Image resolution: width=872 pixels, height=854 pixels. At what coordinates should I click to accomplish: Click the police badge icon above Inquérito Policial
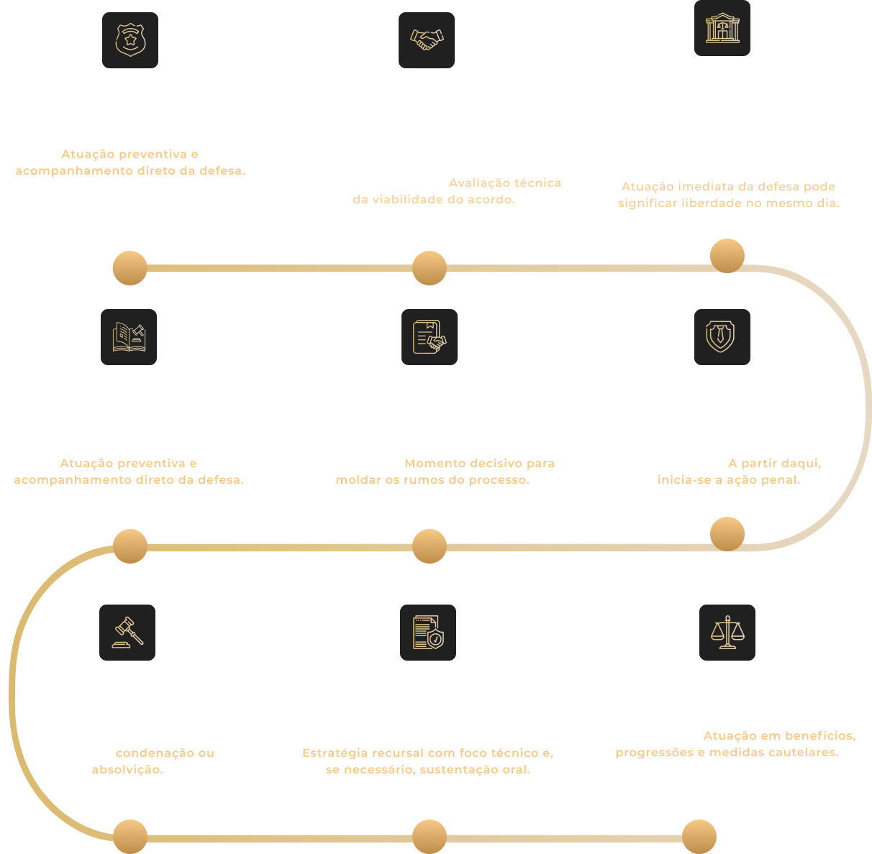click(130, 40)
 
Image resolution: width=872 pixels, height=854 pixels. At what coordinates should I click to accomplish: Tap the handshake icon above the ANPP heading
click(427, 40)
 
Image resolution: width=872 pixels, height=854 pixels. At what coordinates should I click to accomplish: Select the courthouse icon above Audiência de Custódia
click(722, 29)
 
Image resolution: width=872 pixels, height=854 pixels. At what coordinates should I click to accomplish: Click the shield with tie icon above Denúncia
click(722, 337)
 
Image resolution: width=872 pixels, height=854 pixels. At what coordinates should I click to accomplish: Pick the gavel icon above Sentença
click(127, 633)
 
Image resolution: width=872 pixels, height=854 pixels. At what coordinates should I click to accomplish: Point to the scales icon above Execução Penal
click(727, 633)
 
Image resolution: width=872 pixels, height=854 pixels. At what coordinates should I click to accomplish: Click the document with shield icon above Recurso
click(428, 633)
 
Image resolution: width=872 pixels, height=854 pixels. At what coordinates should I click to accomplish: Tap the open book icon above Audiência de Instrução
click(129, 337)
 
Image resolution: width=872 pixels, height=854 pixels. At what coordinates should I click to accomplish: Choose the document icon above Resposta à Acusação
click(430, 337)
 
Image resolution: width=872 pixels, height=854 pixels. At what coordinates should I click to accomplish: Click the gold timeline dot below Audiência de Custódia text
click(727, 256)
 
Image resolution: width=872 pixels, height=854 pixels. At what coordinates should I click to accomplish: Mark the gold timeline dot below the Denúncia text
click(727, 534)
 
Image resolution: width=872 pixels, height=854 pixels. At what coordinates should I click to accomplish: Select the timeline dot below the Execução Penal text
click(699, 837)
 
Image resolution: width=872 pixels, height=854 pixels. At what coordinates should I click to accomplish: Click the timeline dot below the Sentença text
click(130, 837)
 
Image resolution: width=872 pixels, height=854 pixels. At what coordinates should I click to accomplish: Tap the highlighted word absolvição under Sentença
click(127, 770)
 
